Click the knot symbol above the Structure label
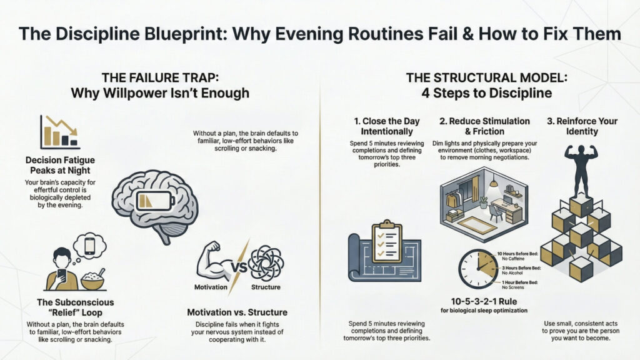tap(266, 262)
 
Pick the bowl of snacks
tap(92, 280)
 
